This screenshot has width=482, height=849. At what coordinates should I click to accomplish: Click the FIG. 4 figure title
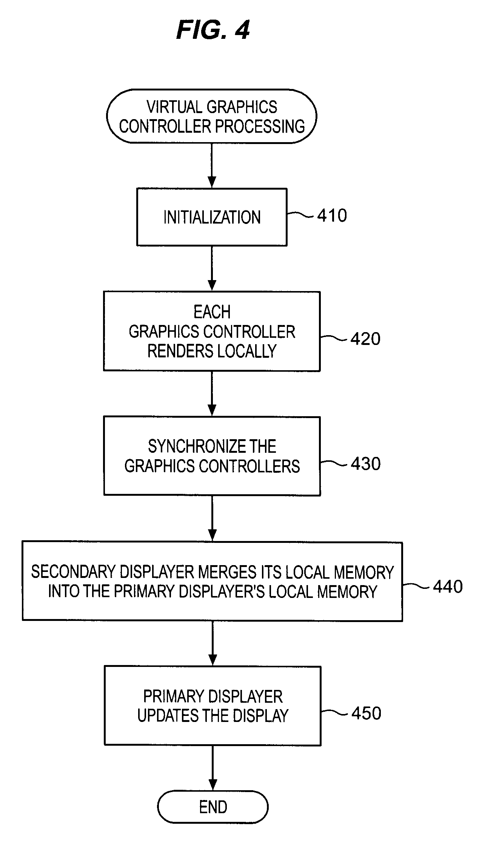coord(213,30)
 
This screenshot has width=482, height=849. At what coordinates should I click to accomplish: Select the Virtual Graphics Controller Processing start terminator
coord(212,116)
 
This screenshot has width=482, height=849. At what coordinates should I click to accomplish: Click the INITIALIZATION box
coord(212,217)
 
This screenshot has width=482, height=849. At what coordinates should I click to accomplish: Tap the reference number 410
coord(332,216)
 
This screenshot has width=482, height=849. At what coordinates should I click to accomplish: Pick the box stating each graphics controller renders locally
coord(212,331)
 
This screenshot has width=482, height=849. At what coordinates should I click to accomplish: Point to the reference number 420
coord(365,339)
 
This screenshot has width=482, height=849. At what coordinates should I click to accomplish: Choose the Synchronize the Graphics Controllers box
coord(212,456)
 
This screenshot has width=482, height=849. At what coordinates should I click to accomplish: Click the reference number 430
coord(366,464)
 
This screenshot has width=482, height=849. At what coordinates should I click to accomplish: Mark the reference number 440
coord(448,587)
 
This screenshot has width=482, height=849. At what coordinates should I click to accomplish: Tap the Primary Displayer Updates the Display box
coord(213,706)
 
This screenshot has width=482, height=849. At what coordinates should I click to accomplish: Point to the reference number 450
coord(366,713)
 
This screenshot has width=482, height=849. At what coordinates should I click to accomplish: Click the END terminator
coord(213,807)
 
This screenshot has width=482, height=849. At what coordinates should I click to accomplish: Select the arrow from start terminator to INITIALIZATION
coord(212,166)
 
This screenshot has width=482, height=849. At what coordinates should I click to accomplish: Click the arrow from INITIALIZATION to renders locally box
coord(212,268)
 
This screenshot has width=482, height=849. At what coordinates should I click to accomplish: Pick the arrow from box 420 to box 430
coord(212,394)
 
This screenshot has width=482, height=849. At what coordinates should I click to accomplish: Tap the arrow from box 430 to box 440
coord(212,518)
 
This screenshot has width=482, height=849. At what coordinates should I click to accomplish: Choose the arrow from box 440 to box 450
coord(213,643)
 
